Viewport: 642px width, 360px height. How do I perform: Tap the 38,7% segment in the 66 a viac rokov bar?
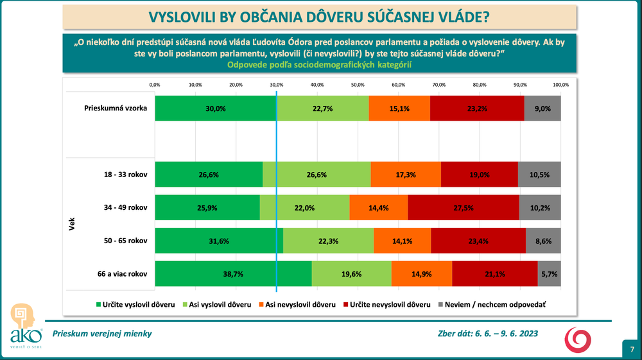[x=233, y=274]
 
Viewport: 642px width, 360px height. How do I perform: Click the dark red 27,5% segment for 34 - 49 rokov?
[x=463, y=207]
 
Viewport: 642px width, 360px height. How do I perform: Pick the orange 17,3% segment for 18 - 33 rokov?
[x=406, y=174]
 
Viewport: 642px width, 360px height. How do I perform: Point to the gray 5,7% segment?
[x=549, y=274]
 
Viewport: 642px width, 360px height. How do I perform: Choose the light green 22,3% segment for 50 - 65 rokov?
[x=328, y=241]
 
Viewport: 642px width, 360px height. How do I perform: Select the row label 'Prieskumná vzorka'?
[x=116, y=108]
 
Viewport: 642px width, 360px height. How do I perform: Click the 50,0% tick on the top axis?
[x=358, y=85]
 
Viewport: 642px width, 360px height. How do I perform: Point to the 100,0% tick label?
[x=560, y=85]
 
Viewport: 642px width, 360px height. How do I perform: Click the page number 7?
[x=632, y=349]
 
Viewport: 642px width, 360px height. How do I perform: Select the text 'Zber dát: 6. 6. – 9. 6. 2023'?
[x=487, y=333]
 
